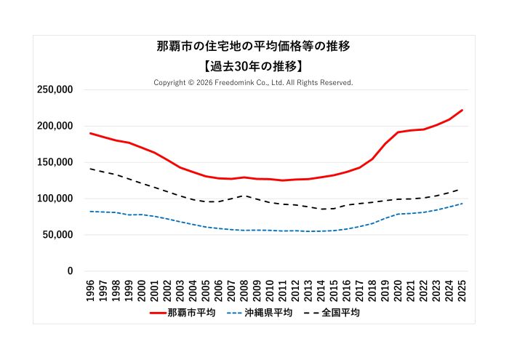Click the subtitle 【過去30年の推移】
click(x=254, y=65)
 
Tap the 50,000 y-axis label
click(x=57, y=235)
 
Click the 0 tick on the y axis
click(x=70, y=271)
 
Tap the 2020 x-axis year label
click(x=398, y=289)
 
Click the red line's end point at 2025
click(x=462, y=110)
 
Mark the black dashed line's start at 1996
click(x=90, y=169)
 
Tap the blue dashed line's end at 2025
click(x=462, y=204)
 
